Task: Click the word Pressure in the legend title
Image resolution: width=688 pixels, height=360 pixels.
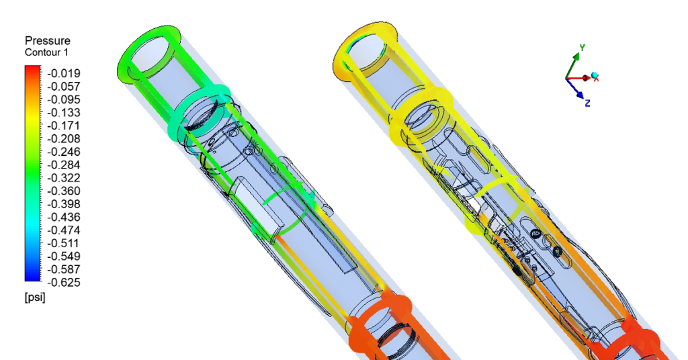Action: (x=48, y=40)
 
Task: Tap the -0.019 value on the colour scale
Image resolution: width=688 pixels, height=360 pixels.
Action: (x=62, y=73)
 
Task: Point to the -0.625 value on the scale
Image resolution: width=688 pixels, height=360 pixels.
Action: (x=62, y=282)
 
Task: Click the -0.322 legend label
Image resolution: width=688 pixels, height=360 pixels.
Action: (x=62, y=178)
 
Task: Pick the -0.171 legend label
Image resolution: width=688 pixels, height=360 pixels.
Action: (x=62, y=126)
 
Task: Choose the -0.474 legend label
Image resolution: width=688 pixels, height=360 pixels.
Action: (x=62, y=230)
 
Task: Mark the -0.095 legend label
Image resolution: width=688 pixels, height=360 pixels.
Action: (x=62, y=99)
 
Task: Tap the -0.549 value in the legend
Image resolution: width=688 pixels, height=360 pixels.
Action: (x=62, y=256)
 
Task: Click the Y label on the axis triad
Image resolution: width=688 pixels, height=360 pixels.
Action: (x=582, y=48)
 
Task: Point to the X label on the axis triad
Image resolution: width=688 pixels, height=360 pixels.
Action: (x=596, y=79)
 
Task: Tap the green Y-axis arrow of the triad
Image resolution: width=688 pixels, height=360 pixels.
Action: (x=572, y=64)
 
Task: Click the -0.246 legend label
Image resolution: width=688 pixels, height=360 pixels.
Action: (x=62, y=152)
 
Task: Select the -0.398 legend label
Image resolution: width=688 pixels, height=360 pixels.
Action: (x=62, y=204)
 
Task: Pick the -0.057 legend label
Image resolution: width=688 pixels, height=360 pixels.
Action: (x=62, y=86)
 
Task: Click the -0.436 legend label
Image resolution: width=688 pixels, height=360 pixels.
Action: (x=62, y=217)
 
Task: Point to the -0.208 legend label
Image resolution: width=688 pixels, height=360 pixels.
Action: (x=62, y=138)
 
